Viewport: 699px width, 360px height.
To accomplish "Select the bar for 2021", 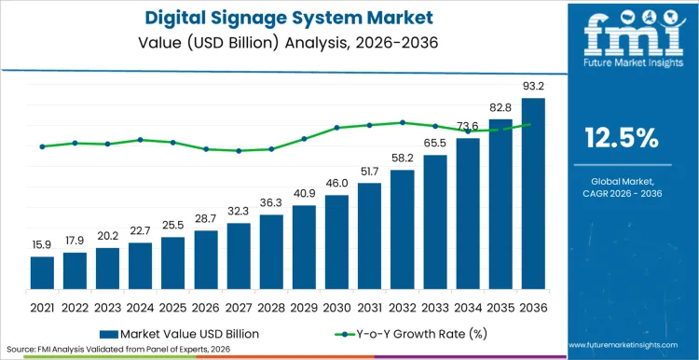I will (42, 273).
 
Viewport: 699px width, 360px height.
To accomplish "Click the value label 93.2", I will (533, 88).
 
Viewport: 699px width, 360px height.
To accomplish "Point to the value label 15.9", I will (42, 246).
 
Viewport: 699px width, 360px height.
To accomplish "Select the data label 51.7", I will (370, 173).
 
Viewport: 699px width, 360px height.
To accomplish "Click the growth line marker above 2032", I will (403, 122).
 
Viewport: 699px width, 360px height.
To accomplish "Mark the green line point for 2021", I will (42, 146).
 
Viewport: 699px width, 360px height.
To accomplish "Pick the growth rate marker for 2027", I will (239, 150).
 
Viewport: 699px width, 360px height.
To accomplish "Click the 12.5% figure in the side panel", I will (622, 138).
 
